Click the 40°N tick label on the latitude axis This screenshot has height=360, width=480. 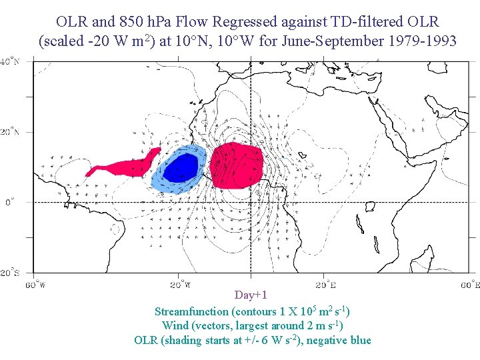[9, 61]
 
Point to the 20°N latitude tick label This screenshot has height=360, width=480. [9, 132]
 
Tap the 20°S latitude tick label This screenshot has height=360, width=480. [9, 273]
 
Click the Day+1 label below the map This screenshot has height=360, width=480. [251, 295]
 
